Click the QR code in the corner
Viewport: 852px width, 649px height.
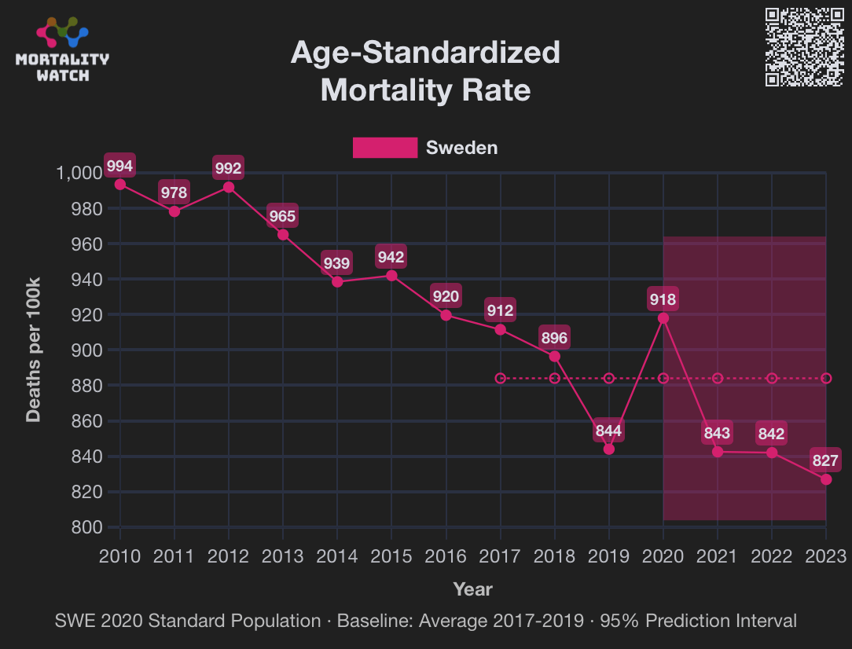(x=804, y=47)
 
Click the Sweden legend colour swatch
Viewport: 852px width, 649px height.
(x=384, y=148)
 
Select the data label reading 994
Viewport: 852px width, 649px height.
(x=120, y=166)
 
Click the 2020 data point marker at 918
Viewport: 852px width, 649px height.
(x=663, y=318)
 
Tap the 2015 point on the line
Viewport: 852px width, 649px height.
(x=391, y=276)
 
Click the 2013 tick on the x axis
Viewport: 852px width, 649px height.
(x=283, y=556)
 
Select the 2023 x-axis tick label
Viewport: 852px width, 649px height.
(x=826, y=556)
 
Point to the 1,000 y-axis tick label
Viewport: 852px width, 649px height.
(x=80, y=173)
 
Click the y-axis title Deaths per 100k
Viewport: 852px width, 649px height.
(x=34, y=349)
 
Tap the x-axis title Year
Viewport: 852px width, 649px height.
(x=472, y=588)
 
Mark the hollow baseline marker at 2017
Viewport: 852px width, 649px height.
(x=501, y=379)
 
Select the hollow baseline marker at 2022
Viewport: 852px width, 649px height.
(x=772, y=379)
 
